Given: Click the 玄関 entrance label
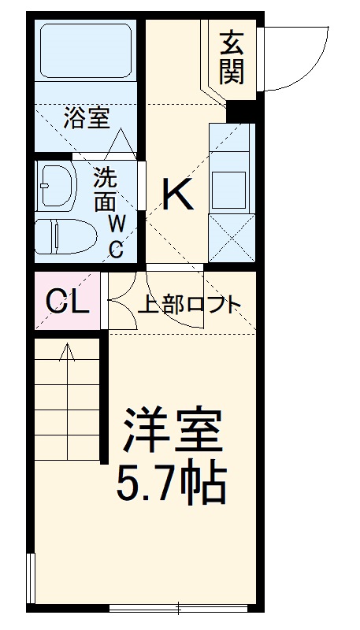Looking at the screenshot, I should click(x=232, y=57).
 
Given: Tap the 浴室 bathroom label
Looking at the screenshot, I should click(x=86, y=119).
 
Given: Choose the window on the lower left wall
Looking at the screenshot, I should click(x=32, y=578).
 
